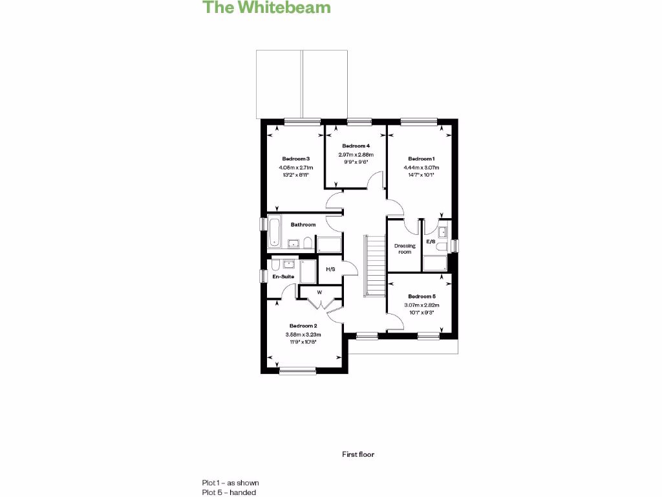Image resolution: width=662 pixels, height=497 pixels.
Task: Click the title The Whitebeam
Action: (267, 8)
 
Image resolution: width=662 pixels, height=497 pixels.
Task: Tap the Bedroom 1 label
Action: (421, 159)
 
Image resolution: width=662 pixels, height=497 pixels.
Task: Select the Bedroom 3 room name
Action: (296, 159)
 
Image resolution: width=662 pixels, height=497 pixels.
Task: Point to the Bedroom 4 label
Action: (356, 146)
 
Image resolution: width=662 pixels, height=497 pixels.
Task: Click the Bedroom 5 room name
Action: (422, 296)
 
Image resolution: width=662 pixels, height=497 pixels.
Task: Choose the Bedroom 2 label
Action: (303, 326)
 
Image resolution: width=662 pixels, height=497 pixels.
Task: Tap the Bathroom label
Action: (303, 225)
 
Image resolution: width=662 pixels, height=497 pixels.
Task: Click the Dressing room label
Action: (405, 248)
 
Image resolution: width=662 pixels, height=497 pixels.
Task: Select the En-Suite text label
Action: (283, 277)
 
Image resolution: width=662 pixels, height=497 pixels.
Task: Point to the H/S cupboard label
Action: (330, 269)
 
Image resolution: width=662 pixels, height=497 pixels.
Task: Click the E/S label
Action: (431, 242)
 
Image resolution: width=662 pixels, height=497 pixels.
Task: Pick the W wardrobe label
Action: (319, 292)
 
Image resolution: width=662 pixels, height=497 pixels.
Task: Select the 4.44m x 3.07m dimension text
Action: (421, 167)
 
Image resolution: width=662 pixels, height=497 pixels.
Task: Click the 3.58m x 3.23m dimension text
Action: (303, 334)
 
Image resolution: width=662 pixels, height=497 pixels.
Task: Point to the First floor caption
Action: (358, 454)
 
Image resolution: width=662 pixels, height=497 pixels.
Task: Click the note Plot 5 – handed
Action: (229, 492)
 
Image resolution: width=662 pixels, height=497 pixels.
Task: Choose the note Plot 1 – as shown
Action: (230, 483)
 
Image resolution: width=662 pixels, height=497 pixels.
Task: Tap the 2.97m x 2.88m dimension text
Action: (356, 155)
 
